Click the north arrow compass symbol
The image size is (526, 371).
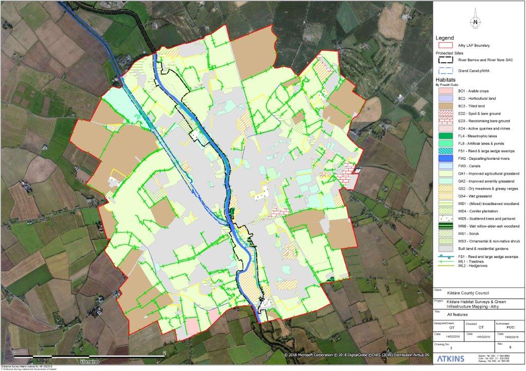(x=476, y=21)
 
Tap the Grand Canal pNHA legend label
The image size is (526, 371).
(x=473, y=70)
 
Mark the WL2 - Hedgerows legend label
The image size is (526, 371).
(x=471, y=265)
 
